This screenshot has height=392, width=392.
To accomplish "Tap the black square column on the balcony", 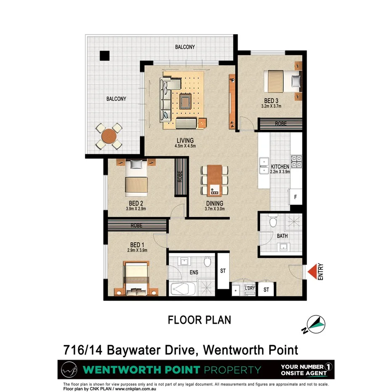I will pyautogui.click(x=104, y=55).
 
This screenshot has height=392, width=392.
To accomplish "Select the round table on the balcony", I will pyautogui.click(x=109, y=136).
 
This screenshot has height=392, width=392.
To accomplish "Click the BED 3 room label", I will pyautogui.click(x=271, y=101).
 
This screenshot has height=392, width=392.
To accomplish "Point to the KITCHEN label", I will pyautogui.click(x=280, y=166).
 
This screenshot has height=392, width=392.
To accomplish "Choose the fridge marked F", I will pyautogui.click(x=295, y=196).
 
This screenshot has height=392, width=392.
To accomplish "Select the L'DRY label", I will pyautogui.click(x=250, y=288).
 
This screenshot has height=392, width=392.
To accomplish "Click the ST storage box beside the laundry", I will pyautogui.click(x=266, y=289).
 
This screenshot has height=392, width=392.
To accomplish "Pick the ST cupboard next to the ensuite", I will pyautogui.click(x=223, y=271).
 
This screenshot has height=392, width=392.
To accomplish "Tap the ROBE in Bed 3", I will pyautogui.click(x=281, y=124).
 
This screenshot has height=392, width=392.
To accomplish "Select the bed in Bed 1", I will pyautogui.click(x=136, y=278).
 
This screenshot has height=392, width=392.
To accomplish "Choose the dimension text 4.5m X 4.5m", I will pyautogui.click(x=185, y=146).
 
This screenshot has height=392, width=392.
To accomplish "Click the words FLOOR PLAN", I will pyautogui.click(x=199, y=320).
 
